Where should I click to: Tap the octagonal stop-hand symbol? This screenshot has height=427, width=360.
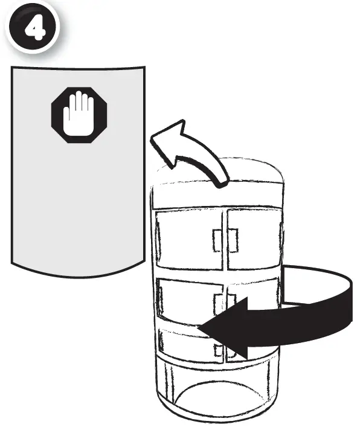click(x=79, y=115)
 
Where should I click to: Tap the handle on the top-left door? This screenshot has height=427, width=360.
click(x=217, y=240)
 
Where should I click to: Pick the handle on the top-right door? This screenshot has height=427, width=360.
click(x=233, y=240)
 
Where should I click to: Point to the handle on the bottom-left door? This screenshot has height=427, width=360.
click(x=219, y=350)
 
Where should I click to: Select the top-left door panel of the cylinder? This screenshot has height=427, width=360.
click(x=189, y=240)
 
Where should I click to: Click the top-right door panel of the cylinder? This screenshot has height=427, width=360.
click(x=254, y=239)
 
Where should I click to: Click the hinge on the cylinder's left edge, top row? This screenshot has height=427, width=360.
click(x=158, y=239)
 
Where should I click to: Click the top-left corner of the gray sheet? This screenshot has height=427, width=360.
click(x=11, y=67)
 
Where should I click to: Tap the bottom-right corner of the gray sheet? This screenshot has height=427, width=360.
click(x=144, y=261)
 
